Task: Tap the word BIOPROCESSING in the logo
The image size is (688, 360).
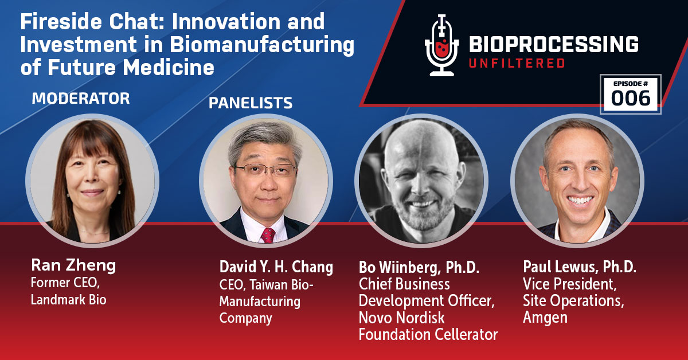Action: pos(554,44)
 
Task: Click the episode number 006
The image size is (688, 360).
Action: pos(630,98)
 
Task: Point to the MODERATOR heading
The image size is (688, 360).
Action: pos(80,99)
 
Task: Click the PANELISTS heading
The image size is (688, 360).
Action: pos(250,103)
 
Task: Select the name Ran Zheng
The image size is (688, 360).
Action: pos(73,265)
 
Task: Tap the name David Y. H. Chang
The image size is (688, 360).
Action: pos(276,267)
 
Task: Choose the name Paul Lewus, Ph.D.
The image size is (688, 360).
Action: pos(580,267)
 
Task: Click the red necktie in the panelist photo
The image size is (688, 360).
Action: pos(268,235)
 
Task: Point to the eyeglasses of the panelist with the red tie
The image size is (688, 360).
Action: pos(265,169)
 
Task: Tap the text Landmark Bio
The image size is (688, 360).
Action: pos(68,299)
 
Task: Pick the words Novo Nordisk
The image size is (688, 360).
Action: pos(402,317)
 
